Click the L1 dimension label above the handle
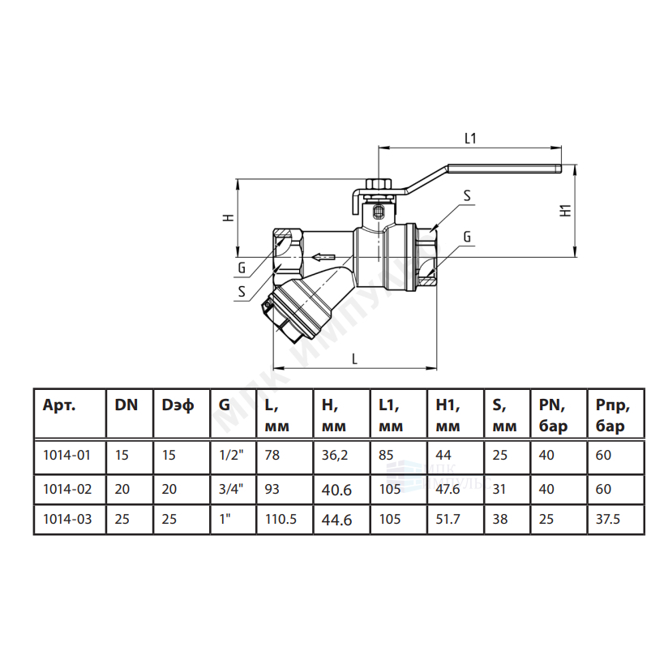[x=470, y=138]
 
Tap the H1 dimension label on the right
[x=566, y=211]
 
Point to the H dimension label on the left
[x=229, y=217]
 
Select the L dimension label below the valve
[x=355, y=359]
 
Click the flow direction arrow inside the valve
[x=323, y=257]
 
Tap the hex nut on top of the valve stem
[x=378, y=184]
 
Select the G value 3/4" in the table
[x=232, y=489]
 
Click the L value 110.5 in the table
[x=281, y=519]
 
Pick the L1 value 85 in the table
[x=386, y=455]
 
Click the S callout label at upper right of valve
[x=467, y=195]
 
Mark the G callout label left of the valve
[x=242, y=268]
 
